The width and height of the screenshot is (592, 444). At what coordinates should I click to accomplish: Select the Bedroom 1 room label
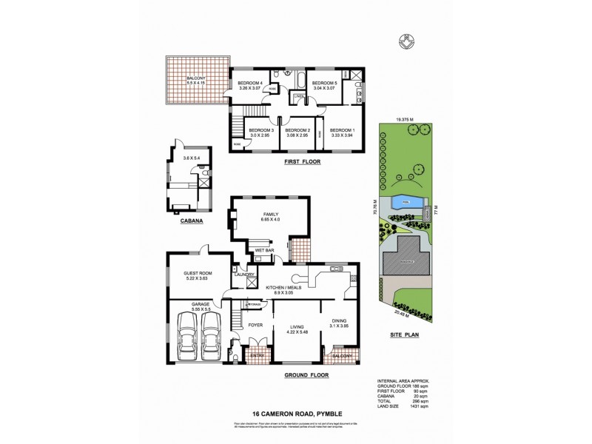coord(342,130)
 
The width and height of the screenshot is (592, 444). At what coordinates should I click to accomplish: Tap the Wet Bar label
coord(265,252)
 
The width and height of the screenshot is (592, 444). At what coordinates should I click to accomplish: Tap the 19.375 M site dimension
coord(403,117)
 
